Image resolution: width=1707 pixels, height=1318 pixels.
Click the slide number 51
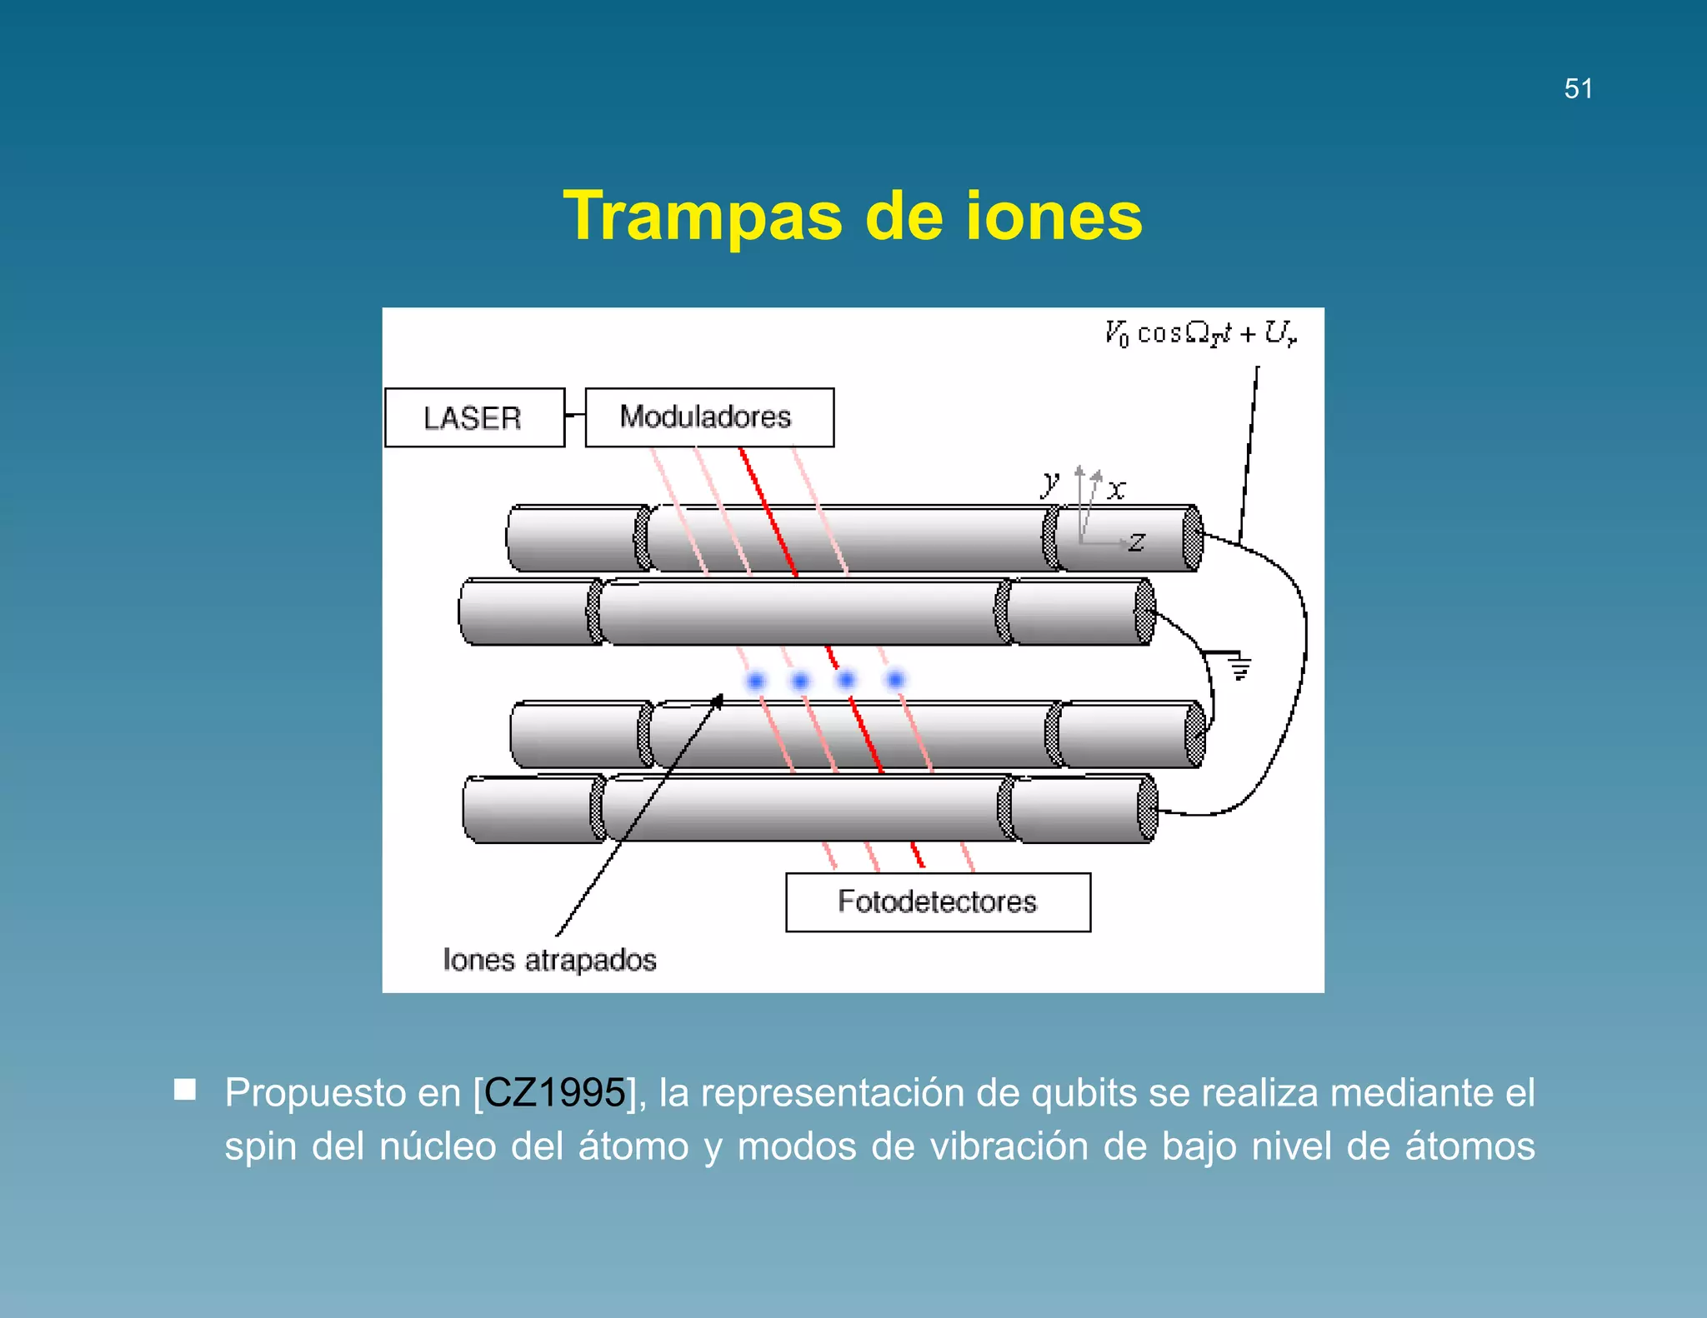point(1578,88)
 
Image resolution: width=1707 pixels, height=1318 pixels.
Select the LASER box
point(473,417)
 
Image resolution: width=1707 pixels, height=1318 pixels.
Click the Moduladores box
point(708,417)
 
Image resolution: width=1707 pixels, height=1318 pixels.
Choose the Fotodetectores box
point(937,901)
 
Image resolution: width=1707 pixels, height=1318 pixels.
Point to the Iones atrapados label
point(549,960)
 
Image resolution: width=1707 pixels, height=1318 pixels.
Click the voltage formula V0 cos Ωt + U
point(1200,333)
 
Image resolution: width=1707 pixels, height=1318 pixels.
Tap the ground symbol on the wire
point(1240,667)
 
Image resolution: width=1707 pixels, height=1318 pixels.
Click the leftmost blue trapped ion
point(756,681)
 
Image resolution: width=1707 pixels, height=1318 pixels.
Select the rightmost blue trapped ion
point(895,680)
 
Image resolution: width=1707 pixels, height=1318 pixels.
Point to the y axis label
point(1050,482)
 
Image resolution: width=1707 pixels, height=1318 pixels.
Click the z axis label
point(1136,542)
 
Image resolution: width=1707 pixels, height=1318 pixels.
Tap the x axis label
point(1117,489)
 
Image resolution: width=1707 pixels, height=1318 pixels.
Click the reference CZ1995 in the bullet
point(554,1092)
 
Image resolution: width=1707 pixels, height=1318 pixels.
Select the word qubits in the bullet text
point(1084,1092)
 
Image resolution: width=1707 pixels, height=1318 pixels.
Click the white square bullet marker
point(185,1090)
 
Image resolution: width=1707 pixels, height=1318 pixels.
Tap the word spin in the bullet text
point(260,1146)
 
